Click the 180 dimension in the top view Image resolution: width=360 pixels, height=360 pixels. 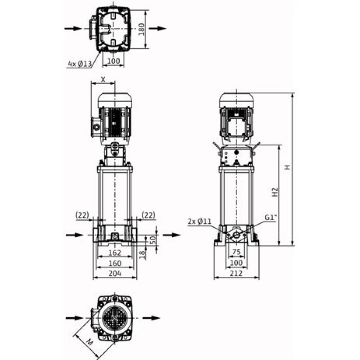coord(142,29)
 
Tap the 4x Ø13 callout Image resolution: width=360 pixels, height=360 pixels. coord(80,64)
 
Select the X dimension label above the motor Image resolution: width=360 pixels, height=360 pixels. coord(103,80)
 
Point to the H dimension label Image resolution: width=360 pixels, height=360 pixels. coord(287,167)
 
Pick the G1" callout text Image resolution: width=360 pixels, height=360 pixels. coord(271,217)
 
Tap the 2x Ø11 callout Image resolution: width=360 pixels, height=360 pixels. coord(199,221)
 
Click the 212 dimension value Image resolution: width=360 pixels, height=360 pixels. coord(236,273)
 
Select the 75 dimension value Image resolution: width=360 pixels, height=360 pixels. coord(237,252)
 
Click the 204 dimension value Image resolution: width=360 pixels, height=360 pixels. coord(115,273)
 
